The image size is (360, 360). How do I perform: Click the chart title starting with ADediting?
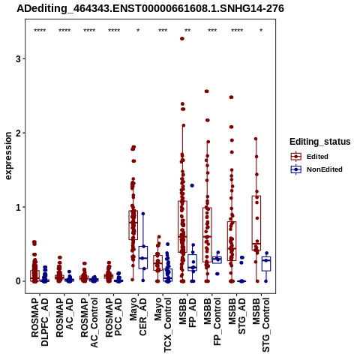pyautogui.click(x=150, y=8)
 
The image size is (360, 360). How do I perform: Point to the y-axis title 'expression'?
pyautogui.click(x=8, y=156)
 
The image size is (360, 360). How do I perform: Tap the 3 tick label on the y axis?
pyautogui.click(x=18, y=59)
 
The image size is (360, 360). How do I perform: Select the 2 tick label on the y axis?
pyautogui.click(x=18, y=133)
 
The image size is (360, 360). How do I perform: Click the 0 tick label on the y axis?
pyautogui.click(x=18, y=281)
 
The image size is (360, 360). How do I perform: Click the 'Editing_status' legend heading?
pyautogui.click(x=320, y=142)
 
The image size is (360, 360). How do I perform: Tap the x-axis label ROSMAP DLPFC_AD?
pyautogui.click(x=40, y=322)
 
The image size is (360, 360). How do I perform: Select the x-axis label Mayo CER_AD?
pyautogui.click(x=138, y=316)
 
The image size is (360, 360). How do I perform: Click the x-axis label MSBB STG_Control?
pyautogui.click(x=261, y=325)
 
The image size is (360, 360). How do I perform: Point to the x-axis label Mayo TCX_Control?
pyautogui.click(x=163, y=325)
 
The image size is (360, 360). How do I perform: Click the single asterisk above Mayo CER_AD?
pyautogui.click(x=138, y=31)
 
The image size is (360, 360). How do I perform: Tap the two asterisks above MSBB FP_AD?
pyautogui.click(x=187, y=31)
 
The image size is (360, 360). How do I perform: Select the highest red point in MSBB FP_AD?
pyautogui.click(x=182, y=39)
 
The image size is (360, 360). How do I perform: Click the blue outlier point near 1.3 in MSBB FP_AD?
pyautogui.click(x=192, y=185)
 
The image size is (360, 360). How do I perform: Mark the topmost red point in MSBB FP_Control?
pyautogui.click(x=207, y=91)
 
